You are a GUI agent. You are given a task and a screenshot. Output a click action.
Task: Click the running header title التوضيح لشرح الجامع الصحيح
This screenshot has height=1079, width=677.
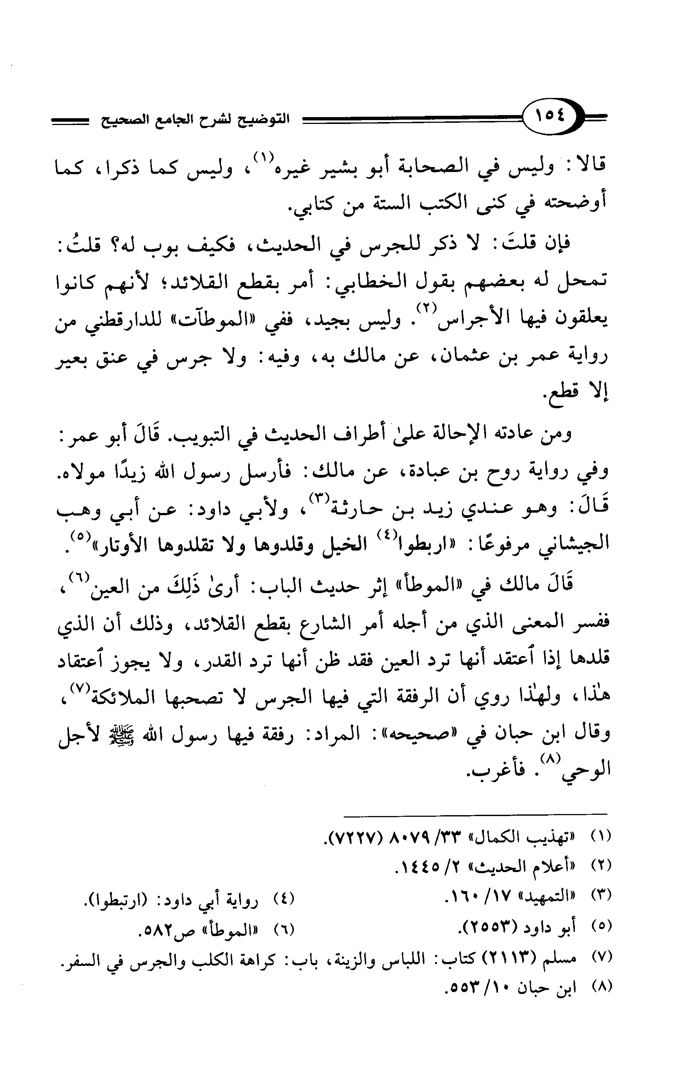194,120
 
